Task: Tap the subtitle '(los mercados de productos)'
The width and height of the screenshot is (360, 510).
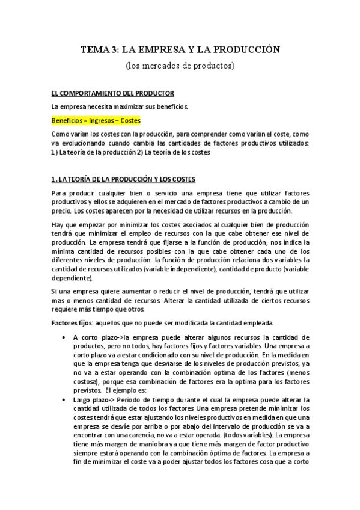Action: click(180, 64)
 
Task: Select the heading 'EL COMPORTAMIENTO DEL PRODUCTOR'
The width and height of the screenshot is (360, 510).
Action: click(112, 93)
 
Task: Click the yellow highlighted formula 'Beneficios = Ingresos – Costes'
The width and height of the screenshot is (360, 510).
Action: click(96, 120)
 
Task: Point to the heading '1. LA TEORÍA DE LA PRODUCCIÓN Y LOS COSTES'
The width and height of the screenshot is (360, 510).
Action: click(123, 180)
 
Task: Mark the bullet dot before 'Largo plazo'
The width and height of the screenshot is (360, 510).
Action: click(64, 400)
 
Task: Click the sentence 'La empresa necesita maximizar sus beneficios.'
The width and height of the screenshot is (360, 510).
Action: click(120, 107)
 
